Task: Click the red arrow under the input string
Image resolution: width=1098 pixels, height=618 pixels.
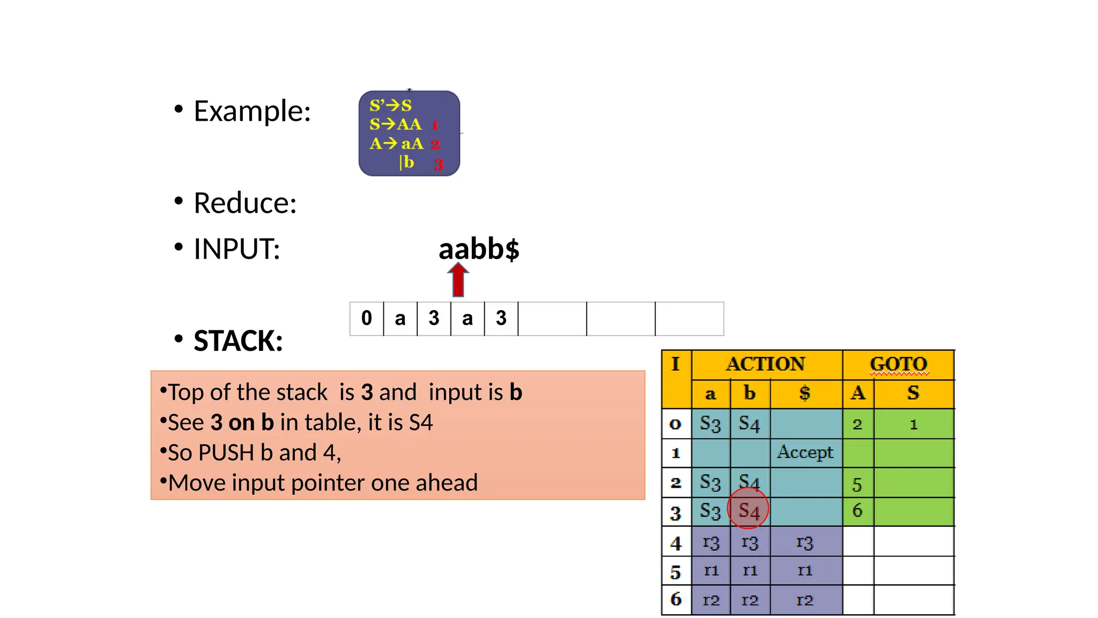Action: tap(458, 279)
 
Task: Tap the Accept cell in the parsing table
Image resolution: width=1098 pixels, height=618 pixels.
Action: tap(805, 452)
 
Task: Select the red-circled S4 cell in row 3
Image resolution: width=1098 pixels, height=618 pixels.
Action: tap(748, 510)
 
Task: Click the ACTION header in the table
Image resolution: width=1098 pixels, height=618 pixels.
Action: tap(766, 364)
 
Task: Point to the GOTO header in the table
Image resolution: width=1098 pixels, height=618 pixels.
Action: tap(898, 364)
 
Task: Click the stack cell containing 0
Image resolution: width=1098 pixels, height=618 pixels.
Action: tap(367, 318)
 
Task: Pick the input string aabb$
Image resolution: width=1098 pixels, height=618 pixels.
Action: tap(479, 249)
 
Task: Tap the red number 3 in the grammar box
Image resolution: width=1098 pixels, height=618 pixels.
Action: tap(439, 164)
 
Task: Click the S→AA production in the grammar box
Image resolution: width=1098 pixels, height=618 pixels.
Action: tap(396, 124)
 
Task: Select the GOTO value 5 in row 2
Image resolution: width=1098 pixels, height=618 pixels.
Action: tap(857, 484)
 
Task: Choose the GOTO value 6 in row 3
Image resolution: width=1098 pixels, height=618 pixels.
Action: tap(857, 510)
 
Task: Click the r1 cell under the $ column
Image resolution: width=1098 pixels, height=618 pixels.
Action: tap(805, 570)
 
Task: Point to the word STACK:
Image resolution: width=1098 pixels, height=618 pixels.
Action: tap(238, 341)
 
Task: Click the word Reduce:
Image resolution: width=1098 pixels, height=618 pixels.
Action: tap(245, 203)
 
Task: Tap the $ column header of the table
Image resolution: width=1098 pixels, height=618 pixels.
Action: tap(805, 393)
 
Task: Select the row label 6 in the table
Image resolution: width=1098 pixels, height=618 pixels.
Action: tap(676, 599)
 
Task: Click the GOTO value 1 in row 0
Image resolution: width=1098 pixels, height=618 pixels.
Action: tap(914, 425)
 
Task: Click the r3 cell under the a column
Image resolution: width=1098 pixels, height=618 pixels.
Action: tap(711, 542)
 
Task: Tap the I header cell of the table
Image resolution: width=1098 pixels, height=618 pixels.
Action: tap(676, 364)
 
